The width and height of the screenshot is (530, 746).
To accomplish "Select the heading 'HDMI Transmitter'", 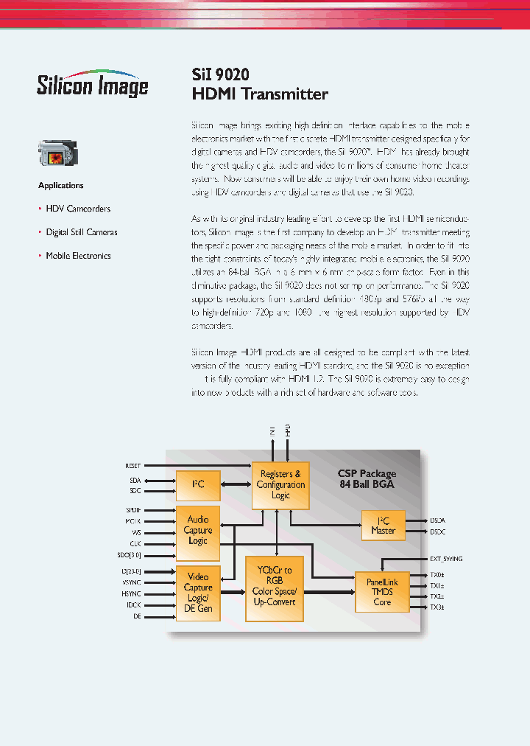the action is click(x=260, y=94).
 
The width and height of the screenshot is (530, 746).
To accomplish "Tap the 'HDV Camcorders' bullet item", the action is click(x=78, y=209).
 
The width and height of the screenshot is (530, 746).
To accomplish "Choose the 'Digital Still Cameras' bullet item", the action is click(x=82, y=232).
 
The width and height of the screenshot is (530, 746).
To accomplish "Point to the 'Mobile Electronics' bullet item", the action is click(x=78, y=256).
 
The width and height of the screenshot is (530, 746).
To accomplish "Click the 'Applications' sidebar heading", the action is click(x=61, y=186).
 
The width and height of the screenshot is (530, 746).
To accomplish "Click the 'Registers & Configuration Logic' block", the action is click(x=280, y=484).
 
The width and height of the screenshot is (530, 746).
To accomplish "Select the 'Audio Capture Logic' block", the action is click(x=198, y=530).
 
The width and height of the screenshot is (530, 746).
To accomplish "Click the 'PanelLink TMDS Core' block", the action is click(x=382, y=592).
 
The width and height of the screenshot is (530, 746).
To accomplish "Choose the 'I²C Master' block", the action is click(x=383, y=525).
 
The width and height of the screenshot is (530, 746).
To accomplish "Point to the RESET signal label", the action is click(x=132, y=466).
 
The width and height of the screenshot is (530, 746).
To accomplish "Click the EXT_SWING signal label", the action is click(x=446, y=559).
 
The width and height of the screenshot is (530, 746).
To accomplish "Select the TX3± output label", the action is click(x=437, y=607).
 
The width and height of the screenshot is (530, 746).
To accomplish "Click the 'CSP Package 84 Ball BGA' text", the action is click(x=367, y=478).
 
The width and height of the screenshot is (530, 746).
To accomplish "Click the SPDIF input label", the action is click(x=132, y=509).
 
